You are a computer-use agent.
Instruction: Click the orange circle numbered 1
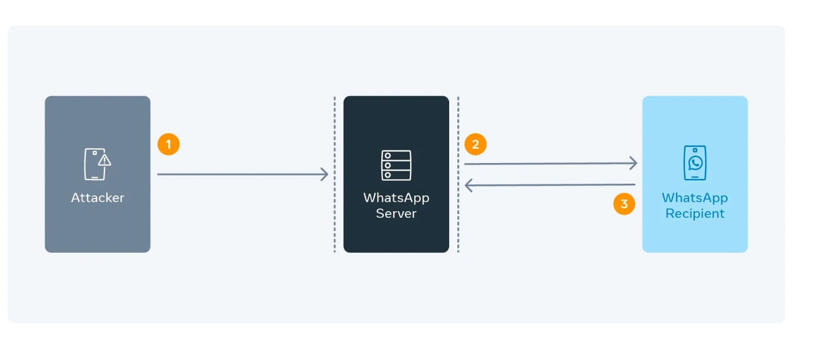(169, 144)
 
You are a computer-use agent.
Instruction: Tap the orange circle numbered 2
(475, 144)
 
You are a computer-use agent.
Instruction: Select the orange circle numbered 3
(624, 204)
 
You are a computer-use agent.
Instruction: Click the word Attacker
(97, 198)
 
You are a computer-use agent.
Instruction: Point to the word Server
(396, 213)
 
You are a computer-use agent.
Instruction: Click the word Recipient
(695, 213)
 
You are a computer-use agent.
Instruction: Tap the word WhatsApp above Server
(396, 198)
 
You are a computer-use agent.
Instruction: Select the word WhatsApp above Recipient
(695, 198)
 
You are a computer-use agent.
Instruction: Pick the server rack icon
(396, 165)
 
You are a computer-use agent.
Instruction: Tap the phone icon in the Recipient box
(695, 162)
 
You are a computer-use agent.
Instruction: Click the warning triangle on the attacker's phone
(104, 160)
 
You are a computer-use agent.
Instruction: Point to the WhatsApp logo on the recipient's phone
(695, 163)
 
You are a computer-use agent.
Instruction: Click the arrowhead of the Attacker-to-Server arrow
(325, 175)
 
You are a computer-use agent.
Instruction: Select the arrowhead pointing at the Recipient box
(634, 163)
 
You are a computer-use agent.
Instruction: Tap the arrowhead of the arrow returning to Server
(468, 186)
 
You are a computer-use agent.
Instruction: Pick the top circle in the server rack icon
(387, 155)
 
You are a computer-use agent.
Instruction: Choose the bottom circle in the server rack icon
(387, 175)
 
